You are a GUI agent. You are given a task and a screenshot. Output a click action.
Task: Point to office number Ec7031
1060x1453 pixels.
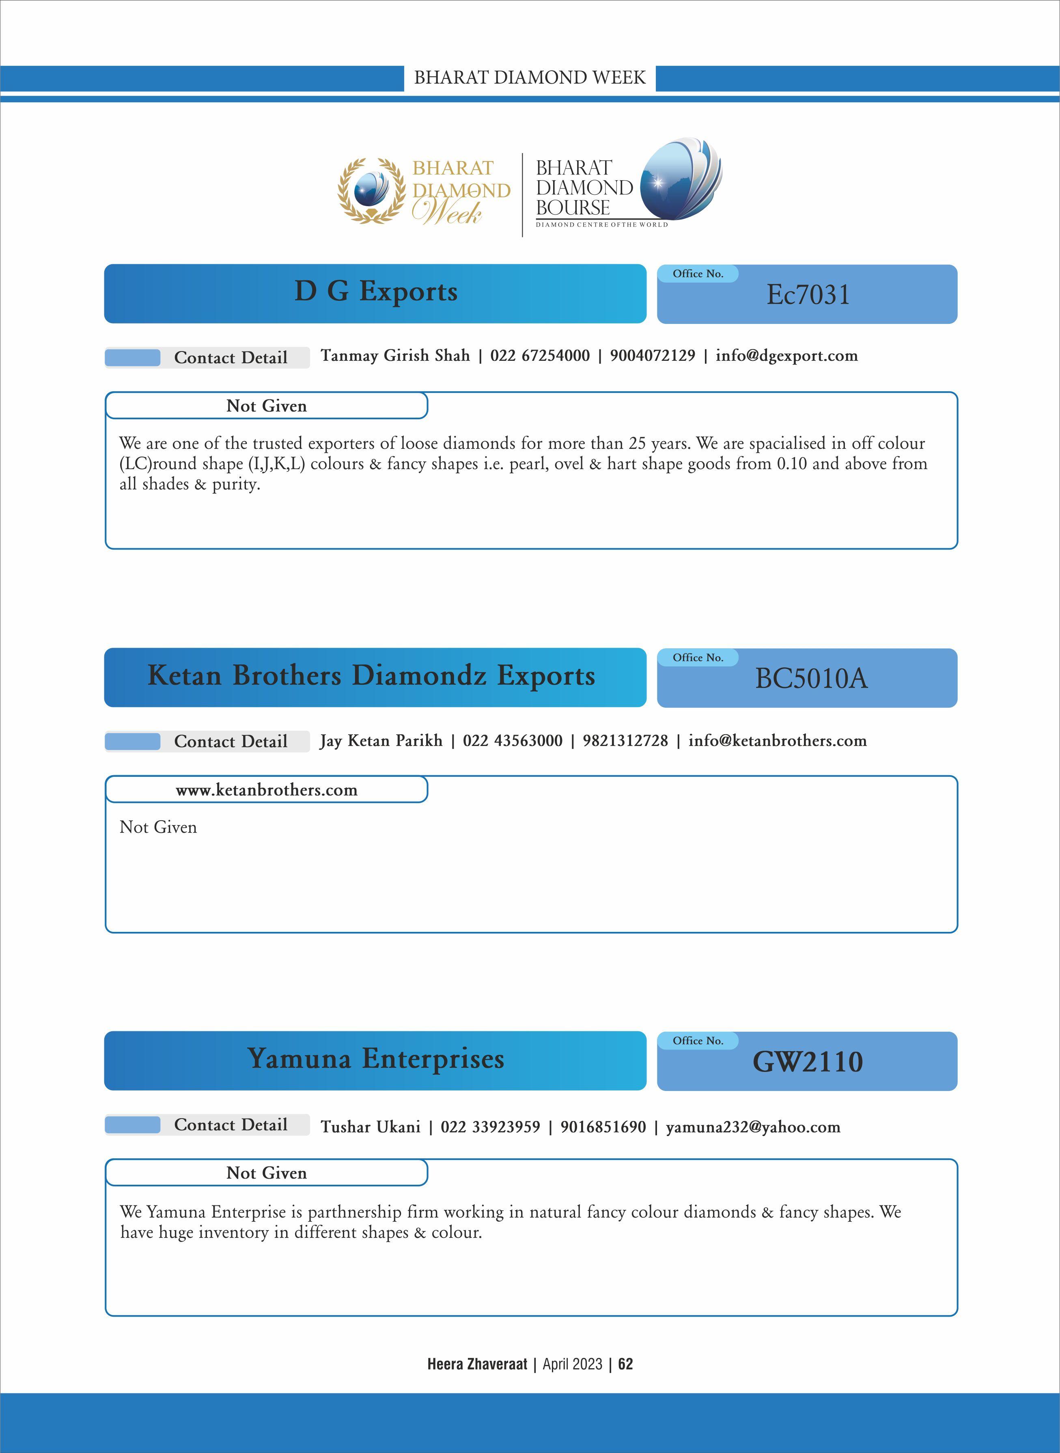point(808,295)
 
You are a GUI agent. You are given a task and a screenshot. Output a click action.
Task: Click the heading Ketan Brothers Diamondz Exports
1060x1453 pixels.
point(371,676)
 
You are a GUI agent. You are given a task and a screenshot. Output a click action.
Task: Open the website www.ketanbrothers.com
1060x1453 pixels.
point(266,790)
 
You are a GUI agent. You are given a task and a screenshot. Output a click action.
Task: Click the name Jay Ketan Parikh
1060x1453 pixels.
point(381,741)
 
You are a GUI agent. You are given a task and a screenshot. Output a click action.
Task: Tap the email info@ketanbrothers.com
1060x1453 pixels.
point(777,741)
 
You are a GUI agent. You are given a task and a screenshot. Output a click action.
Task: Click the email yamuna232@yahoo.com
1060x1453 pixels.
point(753,1127)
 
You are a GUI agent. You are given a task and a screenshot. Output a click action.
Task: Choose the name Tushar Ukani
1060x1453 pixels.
point(370,1127)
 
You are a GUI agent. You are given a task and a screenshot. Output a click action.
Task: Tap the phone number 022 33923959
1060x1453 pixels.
point(490,1127)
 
